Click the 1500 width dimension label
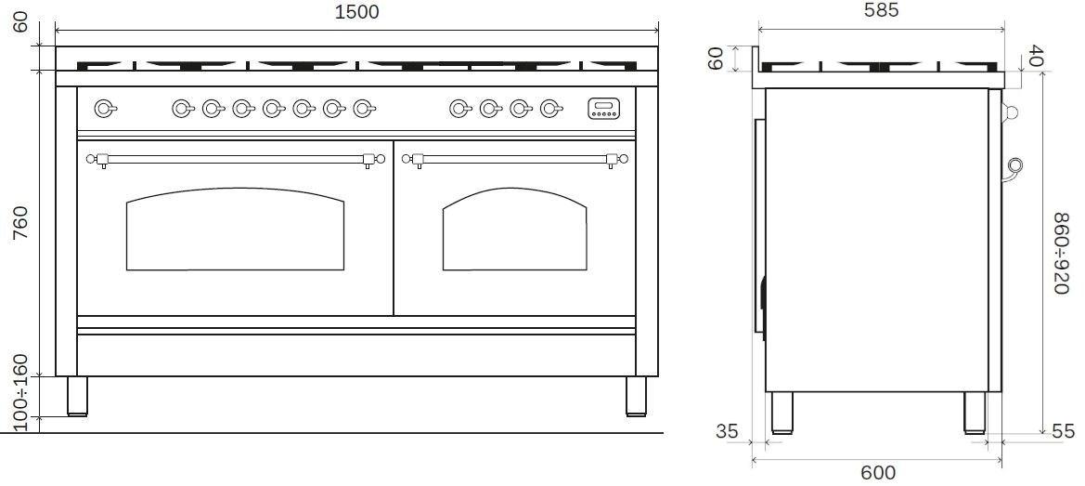[357, 11]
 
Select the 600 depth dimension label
[878, 473]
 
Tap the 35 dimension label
[727, 431]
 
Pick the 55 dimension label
[1062, 431]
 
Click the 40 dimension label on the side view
[1037, 57]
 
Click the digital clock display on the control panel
[603, 110]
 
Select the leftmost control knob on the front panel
[105, 110]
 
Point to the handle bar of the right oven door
[515, 159]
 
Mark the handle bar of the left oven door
[235, 159]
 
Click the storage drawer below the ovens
[356, 355]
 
